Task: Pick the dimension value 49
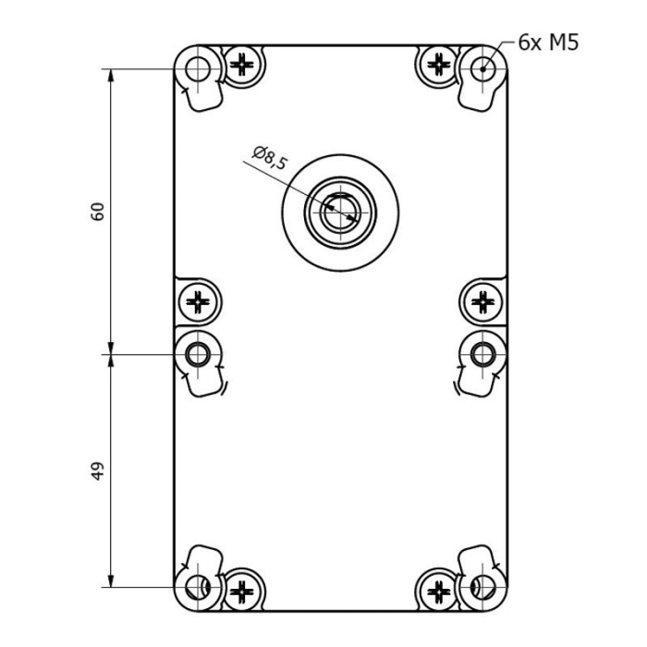[100, 470]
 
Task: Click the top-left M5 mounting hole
[198, 68]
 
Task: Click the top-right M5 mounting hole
[482, 67]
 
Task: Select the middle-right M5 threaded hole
[482, 353]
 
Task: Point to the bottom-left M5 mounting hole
[198, 586]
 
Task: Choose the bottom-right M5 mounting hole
[482, 586]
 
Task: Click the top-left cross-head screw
[242, 65]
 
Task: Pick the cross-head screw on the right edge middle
[482, 301]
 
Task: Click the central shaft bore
[341, 214]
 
